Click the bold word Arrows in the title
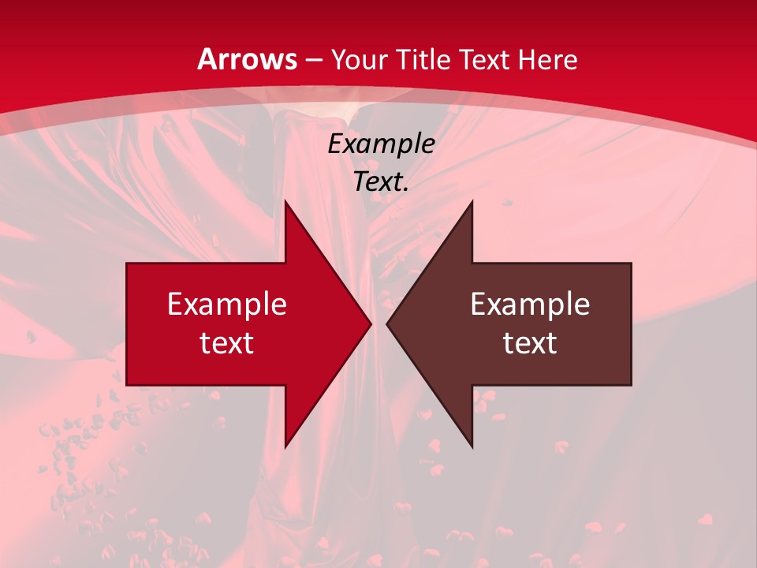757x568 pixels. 247,59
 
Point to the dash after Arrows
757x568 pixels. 314,60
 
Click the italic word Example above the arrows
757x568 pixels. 382,144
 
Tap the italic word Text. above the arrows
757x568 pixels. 382,181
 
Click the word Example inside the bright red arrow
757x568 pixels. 227,304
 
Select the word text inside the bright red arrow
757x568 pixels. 227,342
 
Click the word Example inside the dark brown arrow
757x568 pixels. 530,304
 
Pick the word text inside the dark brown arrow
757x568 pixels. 530,342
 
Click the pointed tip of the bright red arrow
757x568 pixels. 371,323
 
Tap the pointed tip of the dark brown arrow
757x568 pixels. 387,323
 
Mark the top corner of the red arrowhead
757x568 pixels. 285,200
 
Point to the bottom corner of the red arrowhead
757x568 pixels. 285,447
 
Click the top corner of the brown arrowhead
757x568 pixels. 472,200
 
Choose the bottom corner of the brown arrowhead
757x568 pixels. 472,447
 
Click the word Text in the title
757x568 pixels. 485,59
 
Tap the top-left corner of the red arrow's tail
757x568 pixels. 127,263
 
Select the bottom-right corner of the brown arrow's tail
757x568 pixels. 631,385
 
